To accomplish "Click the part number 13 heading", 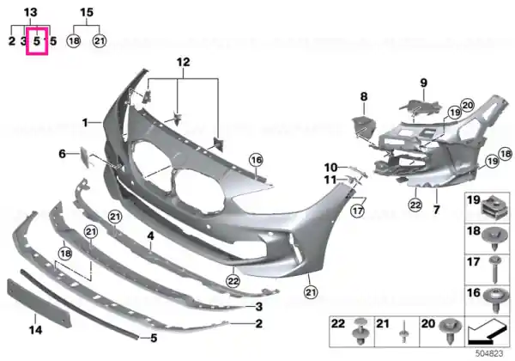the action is (30, 13).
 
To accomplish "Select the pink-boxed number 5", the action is (37, 41).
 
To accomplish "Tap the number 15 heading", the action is (87, 13).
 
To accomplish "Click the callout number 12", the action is (184, 62).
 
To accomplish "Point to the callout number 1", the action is (85, 123).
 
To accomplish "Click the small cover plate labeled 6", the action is (83, 157).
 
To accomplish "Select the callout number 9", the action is (424, 83).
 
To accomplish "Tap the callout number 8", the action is (364, 96).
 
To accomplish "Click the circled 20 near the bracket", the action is (468, 105).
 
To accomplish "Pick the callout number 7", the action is (436, 209).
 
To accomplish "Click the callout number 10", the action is (330, 168).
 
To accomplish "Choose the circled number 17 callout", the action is (357, 210).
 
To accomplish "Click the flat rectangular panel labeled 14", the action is (39, 303).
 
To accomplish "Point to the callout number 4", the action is (150, 236).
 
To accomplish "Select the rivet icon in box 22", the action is (360, 331).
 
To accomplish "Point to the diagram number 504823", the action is (489, 353).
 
